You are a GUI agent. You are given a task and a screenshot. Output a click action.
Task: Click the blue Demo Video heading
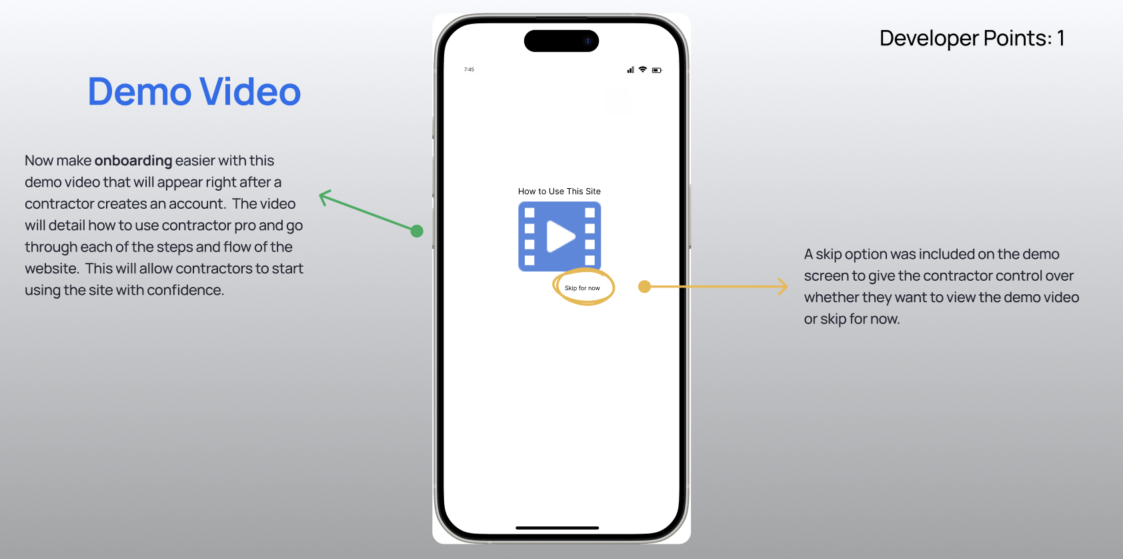coord(194,92)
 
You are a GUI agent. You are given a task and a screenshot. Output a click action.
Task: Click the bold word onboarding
coord(133,161)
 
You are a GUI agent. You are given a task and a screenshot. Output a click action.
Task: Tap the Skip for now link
coord(582,288)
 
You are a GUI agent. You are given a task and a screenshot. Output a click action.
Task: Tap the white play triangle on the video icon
coord(560,236)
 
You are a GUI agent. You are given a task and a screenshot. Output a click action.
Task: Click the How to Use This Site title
coord(559,191)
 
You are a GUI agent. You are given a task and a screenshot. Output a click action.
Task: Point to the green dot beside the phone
coord(417,231)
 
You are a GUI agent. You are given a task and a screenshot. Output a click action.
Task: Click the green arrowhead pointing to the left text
coord(324,197)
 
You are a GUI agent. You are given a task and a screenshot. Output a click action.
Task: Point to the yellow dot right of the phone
coord(644,287)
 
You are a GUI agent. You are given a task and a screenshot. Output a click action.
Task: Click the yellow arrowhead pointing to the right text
coord(784,287)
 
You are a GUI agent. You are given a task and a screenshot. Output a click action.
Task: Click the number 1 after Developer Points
coord(1060,39)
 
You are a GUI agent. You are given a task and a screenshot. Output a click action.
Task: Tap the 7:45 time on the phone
coord(469,69)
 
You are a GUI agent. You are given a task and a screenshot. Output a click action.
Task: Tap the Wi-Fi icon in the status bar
coord(643,69)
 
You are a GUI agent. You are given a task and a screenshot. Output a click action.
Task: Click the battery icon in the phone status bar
coord(657,70)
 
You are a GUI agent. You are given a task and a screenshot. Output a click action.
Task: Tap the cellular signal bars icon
coord(630,70)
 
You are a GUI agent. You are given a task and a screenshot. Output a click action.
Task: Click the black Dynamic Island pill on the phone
coord(561,41)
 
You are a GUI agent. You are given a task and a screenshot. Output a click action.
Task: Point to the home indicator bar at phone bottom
coord(557,528)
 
